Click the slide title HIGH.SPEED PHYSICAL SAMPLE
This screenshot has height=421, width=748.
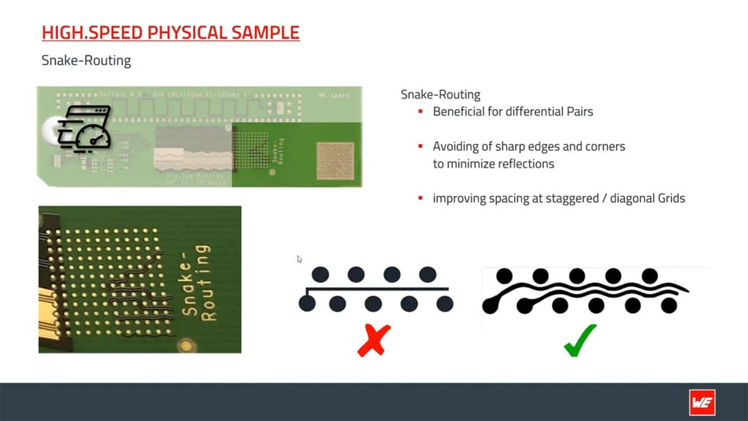(x=170, y=32)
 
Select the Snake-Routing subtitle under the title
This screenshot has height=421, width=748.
(x=86, y=60)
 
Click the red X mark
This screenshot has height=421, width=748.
(x=374, y=340)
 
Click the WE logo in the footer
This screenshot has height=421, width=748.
(x=702, y=402)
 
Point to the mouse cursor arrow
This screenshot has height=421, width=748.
(x=300, y=259)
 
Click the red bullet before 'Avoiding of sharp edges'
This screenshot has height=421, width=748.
(x=421, y=147)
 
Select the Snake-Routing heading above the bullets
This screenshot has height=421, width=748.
(x=440, y=95)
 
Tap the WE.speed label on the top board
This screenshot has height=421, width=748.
(x=333, y=95)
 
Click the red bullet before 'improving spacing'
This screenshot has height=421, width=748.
(x=421, y=198)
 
